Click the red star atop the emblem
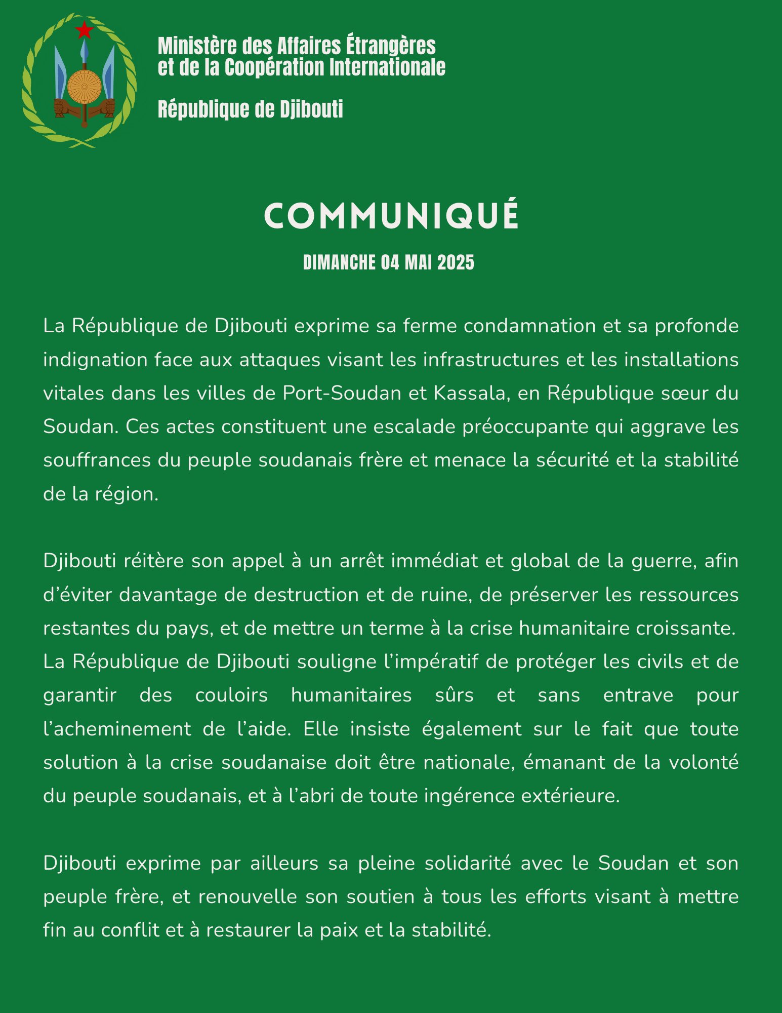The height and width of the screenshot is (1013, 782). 84,30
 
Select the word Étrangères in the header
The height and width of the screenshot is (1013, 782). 391,46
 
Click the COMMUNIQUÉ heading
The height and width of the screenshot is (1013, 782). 391,216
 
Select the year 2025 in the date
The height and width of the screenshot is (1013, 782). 456,262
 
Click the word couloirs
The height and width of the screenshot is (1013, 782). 231,695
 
